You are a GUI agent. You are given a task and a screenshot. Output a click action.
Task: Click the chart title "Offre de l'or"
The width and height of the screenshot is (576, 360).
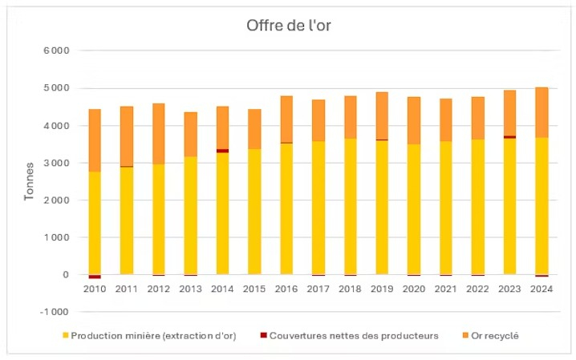pyautogui.click(x=288, y=26)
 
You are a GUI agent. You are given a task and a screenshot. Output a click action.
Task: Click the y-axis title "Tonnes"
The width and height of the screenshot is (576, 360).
pyautogui.click(x=30, y=180)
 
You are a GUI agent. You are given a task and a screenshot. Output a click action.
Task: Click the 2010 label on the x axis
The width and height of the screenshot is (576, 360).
pyautogui.click(x=95, y=288)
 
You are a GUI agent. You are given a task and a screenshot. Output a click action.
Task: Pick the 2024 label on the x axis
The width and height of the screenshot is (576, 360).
pyautogui.click(x=542, y=288)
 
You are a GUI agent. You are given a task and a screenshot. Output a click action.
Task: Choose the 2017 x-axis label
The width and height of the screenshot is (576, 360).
pyautogui.click(x=318, y=288)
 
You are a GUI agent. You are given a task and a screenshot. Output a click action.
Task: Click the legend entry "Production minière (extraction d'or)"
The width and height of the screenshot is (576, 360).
pyautogui.click(x=153, y=336)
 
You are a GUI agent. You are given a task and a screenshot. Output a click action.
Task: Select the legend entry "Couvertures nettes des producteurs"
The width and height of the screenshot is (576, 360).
pyautogui.click(x=354, y=336)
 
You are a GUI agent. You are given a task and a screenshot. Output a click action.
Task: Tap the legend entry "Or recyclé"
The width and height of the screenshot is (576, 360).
pyautogui.click(x=493, y=336)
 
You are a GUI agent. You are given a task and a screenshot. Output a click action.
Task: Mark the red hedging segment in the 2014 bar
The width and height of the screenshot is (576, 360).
pyautogui.click(x=222, y=151)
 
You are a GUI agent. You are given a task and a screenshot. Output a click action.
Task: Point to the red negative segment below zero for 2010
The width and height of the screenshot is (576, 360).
pyautogui.click(x=95, y=277)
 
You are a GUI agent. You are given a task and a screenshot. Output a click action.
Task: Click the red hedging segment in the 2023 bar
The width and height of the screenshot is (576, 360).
pyautogui.click(x=509, y=137)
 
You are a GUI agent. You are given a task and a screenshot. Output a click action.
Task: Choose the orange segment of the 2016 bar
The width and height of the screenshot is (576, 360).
pyautogui.click(x=286, y=119)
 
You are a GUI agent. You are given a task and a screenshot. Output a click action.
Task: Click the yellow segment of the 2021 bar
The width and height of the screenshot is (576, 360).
pyautogui.click(x=446, y=208)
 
